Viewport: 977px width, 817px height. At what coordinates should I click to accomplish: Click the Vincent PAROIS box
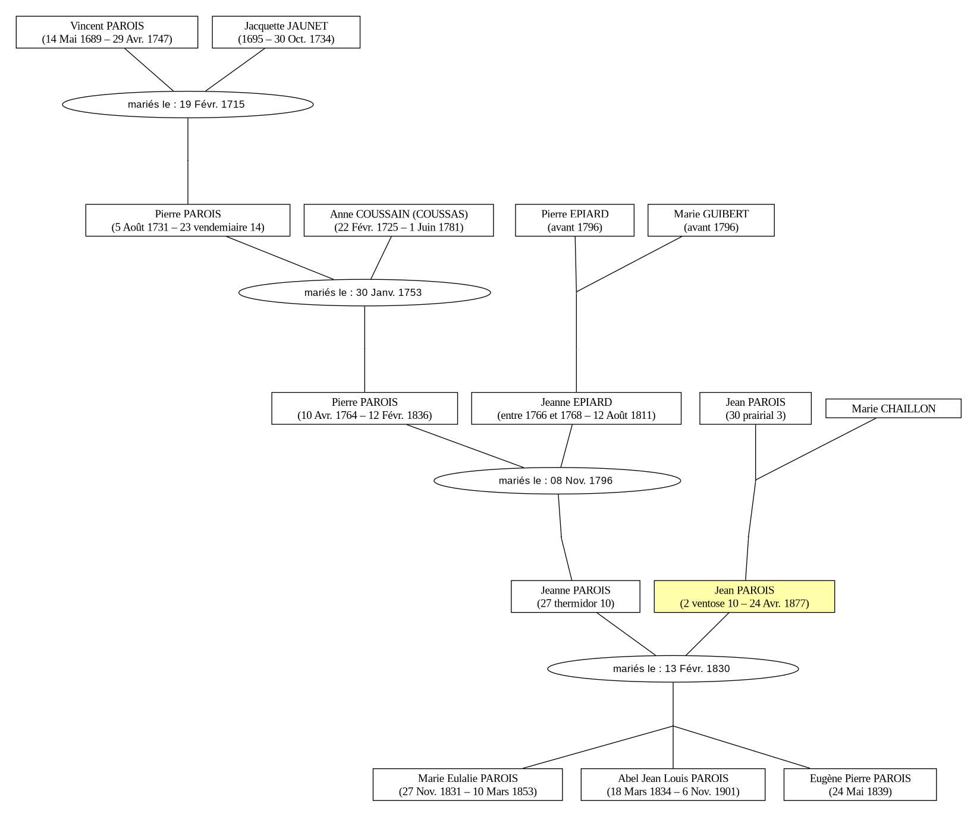pyautogui.click(x=107, y=32)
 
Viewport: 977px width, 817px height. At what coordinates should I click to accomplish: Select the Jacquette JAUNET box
pyautogui.click(x=286, y=32)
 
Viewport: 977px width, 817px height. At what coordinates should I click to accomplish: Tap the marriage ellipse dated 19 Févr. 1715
pyautogui.click(x=188, y=105)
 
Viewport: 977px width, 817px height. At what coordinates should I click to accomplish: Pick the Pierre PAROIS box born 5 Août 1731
pyautogui.click(x=188, y=220)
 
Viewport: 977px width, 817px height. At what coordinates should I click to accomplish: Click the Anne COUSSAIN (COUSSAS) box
pyautogui.click(x=399, y=220)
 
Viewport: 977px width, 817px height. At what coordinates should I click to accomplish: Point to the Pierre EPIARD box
pyautogui.click(x=575, y=220)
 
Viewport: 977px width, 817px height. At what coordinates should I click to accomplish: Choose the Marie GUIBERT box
pyautogui.click(x=711, y=220)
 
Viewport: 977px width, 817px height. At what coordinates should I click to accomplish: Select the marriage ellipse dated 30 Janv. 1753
pyautogui.click(x=365, y=292)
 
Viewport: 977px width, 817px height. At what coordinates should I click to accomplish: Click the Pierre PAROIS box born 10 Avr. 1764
pyautogui.click(x=365, y=408)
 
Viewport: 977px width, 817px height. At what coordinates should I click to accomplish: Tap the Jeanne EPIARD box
pyautogui.click(x=576, y=408)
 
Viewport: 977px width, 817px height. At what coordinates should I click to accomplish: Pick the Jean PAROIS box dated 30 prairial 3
pyautogui.click(x=756, y=408)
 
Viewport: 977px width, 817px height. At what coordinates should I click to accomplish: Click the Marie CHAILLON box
pyautogui.click(x=893, y=408)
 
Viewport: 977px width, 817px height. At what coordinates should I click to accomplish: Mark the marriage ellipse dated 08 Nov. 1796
pyautogui.click(x=557, y=481)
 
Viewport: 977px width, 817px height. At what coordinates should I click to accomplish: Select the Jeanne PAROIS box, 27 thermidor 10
pyautogui.click(x=576, y=597)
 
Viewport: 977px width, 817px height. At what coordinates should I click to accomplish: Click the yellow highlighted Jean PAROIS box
pyautogui.click(x=744, y=597)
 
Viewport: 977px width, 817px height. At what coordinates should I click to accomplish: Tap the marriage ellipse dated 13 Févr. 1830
pyautogui.click(x=673, y=669)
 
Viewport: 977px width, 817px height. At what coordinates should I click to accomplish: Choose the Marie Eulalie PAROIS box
pyautogui.click(x=468, y=785)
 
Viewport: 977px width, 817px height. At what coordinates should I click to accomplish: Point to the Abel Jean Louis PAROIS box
pyautogui.click(x=673, y=785)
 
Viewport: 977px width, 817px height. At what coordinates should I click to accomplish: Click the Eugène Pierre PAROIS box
pyautogui.click(x=860, y=785)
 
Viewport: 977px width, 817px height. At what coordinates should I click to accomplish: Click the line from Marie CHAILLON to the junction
pyautogui.click(x=816, y=449)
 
